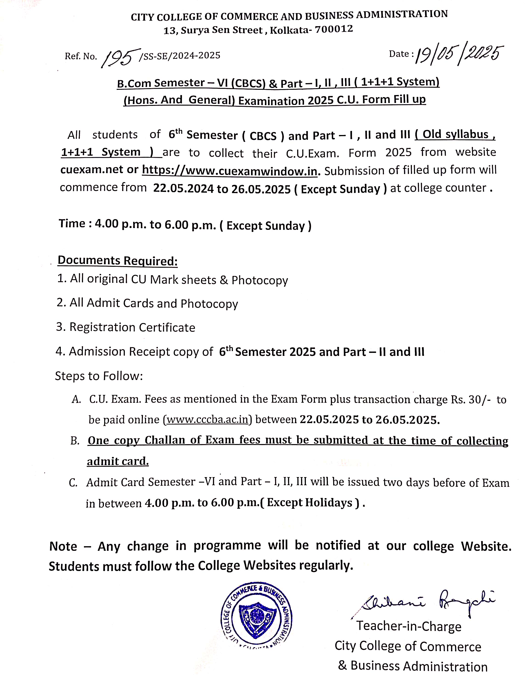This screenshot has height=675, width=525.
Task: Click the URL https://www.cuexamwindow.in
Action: click(229, 170)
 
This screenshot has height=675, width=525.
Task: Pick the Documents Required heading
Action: click(118, 261)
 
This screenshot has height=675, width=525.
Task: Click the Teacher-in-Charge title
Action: click(409, 626)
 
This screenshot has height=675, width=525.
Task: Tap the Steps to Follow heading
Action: click(99, 376)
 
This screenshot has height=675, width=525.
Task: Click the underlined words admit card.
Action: click(118, 461)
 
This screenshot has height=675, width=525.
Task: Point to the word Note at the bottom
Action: click(63, 546)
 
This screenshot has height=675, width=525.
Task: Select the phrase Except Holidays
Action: click(310, 503)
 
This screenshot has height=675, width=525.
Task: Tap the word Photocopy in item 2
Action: click(209, 304)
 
